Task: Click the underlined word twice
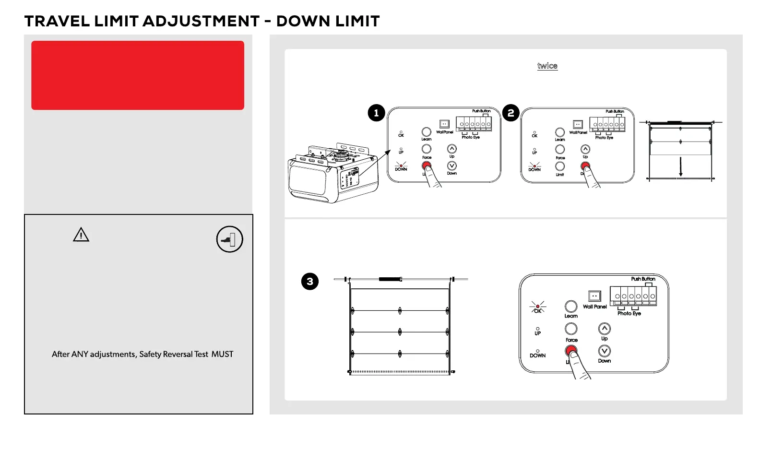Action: (547, 66)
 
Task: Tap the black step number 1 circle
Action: (376, 113)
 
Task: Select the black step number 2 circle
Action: (511, 113)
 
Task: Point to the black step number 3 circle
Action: (309, 282)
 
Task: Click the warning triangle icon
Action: (81, 235)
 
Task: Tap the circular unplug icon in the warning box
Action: (229, 239)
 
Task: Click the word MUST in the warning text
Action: (222, 354)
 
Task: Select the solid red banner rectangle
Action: (138, 75)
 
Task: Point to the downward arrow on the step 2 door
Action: (680, 166)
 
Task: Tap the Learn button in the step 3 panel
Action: (571, 306)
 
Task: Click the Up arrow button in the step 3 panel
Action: (605, 329)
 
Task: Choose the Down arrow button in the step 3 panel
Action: (605, 351)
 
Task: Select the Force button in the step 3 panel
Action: (571, 329)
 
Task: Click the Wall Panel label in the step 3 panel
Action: (594, 307)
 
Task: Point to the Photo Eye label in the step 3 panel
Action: (629, 313)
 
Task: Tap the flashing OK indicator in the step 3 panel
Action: (537, 307)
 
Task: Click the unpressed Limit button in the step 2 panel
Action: (560, 166)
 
